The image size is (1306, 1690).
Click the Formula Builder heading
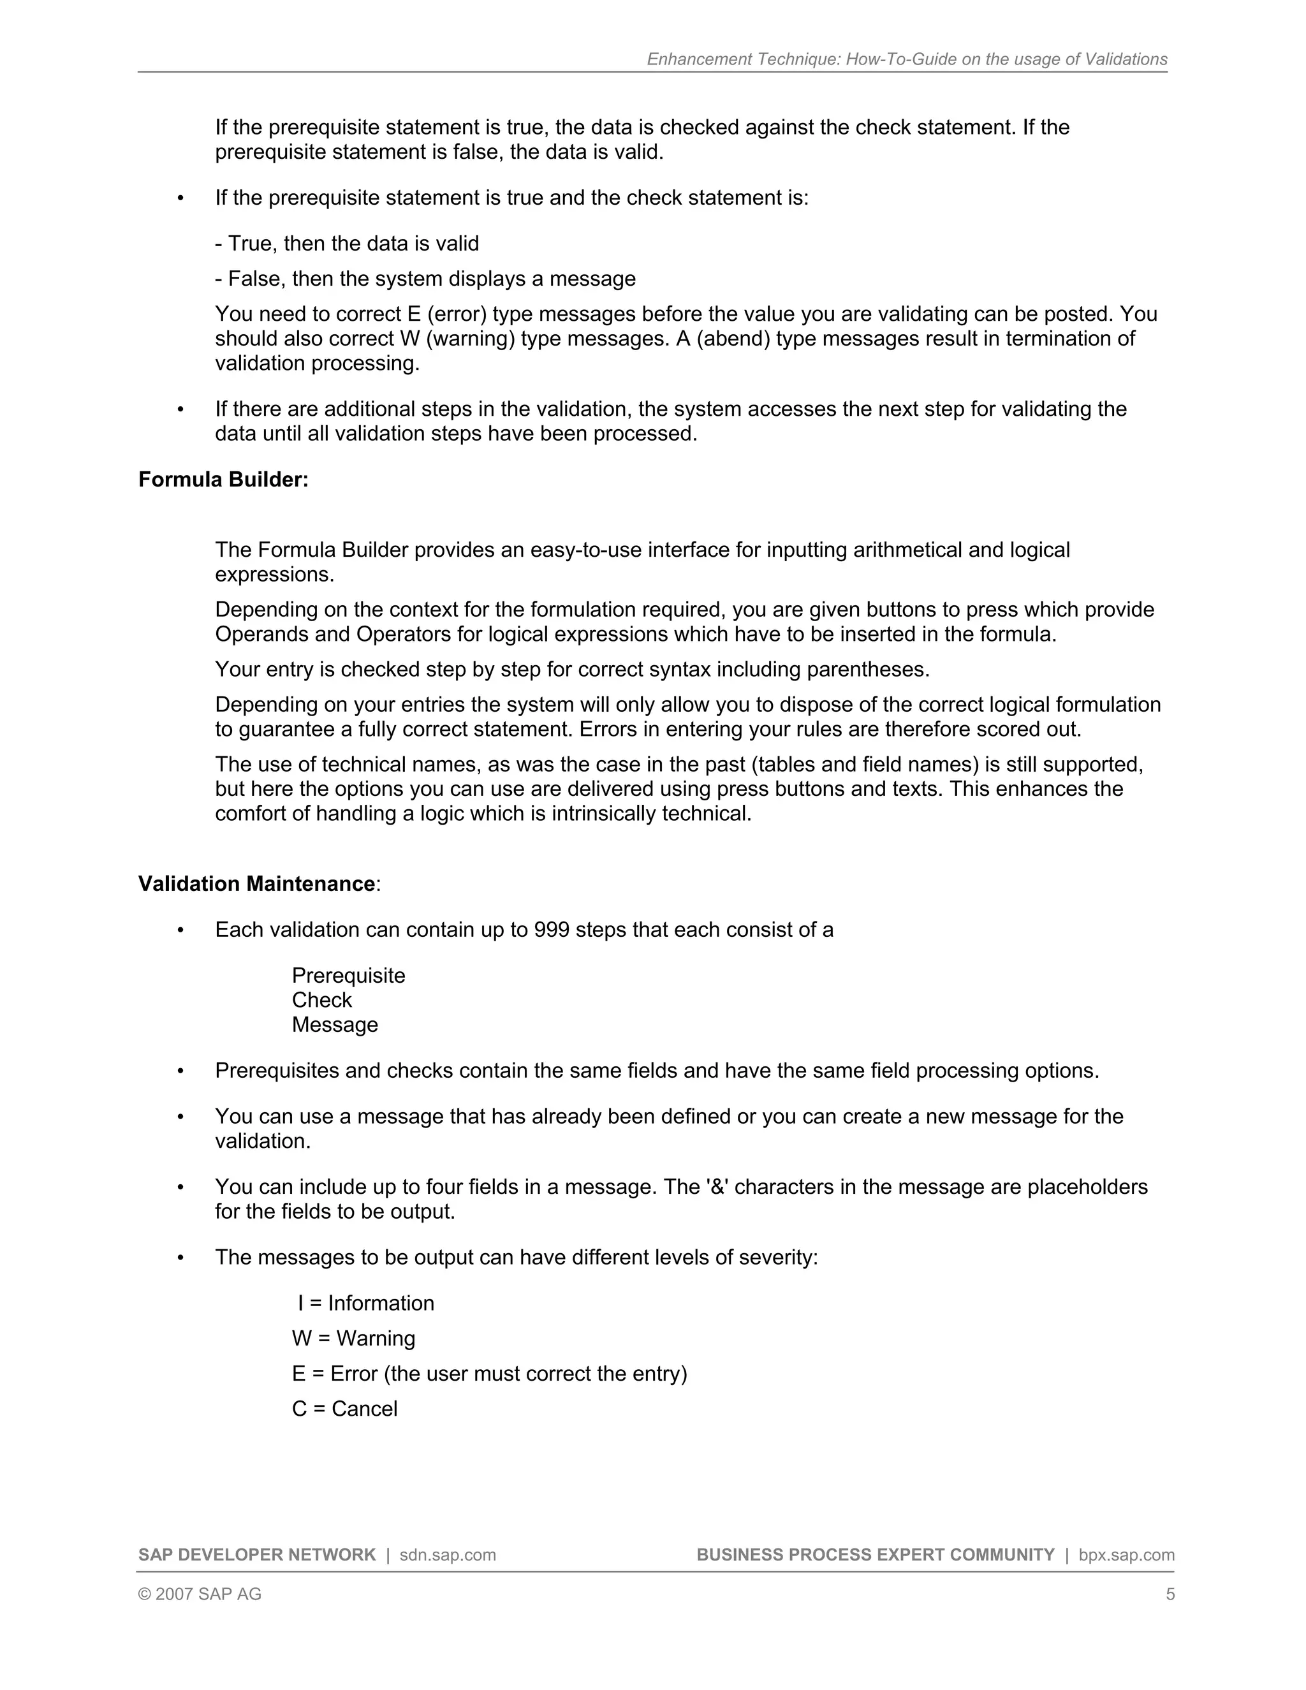[x=223, y=480]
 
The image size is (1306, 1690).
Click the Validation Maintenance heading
[x=257, y=884]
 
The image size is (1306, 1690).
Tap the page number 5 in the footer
[x=1170, y=1594]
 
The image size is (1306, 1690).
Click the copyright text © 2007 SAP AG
[x=200, y=1594]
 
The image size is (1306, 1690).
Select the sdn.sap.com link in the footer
[x=447, y=1555]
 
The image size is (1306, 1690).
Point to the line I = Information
[x=365, y=1303]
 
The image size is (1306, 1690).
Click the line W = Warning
[x=353, y=1338]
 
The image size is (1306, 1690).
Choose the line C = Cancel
[x=344, y=1408]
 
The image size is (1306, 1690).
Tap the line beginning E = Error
[x=489, y=1374]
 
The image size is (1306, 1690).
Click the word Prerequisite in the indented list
[x=348, y=975]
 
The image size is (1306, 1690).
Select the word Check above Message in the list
[x=321, y=1000]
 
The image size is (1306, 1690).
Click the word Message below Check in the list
[x=334, y=1025]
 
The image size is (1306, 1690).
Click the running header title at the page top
[x=907, y=59]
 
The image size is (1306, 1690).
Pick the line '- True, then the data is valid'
[x=347, y=244]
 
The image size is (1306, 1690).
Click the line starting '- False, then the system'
[x=425, y=279]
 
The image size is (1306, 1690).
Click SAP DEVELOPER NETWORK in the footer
[x=257, y=1555]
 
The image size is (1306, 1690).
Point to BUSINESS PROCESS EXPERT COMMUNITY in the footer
[x=875, y=1555]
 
